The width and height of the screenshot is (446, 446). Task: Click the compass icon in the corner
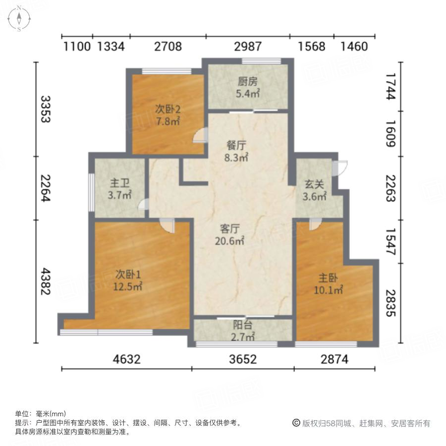(x=19, y=19)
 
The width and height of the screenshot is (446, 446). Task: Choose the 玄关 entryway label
(x=315, y=184)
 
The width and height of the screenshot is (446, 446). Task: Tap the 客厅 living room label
(x=230, y=229)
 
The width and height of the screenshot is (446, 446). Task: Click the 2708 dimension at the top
(x=168, y=47)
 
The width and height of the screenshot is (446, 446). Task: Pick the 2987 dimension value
(x=247, y=47)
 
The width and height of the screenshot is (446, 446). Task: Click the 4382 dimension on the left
(x=46, y=282)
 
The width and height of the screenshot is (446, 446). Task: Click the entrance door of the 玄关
(x=341, y=168)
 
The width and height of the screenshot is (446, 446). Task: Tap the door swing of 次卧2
(x=200, y=135)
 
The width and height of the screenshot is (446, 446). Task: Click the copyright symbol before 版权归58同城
(x=296, y=423)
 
